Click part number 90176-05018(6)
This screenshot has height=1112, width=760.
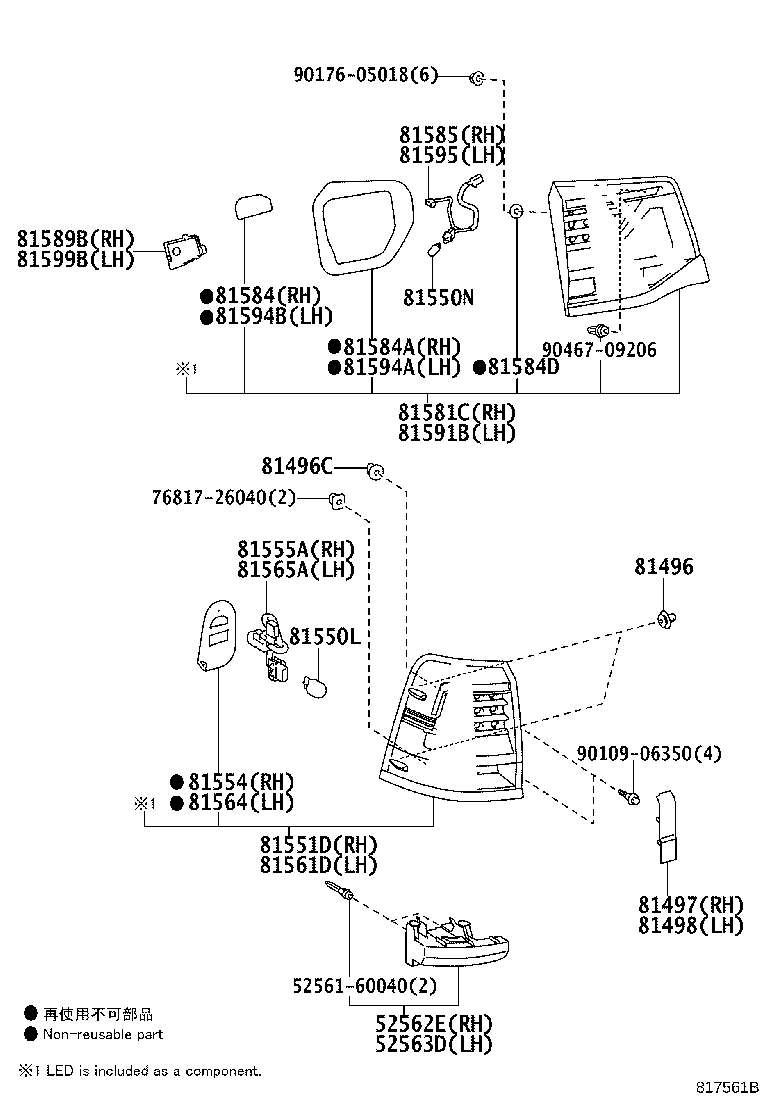366,75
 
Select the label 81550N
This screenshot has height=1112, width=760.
438,297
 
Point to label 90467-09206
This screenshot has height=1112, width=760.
599,350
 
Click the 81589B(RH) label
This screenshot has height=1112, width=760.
75,239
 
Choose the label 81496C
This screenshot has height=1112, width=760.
297,466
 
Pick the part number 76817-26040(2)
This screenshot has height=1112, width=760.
225,497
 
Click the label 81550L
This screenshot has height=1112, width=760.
324,636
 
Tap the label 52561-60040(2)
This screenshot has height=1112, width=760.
365,986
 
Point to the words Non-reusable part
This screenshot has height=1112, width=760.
102,1034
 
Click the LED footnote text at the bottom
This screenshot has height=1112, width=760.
140,1071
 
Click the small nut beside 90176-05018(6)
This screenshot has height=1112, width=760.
478,76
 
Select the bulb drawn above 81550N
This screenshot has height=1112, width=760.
435,250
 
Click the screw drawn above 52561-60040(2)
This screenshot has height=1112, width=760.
345,897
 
